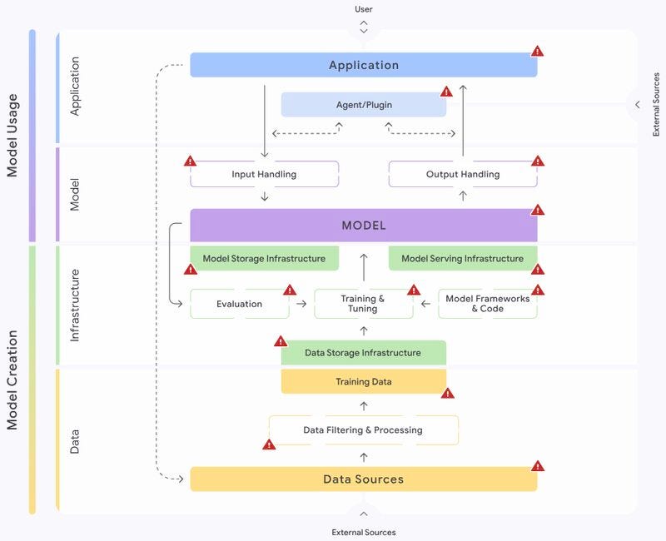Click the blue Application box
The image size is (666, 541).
click(364, 65)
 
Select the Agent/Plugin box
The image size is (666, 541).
click(364, 105)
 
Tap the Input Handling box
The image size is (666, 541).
click(264, 174)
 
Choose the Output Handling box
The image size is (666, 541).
click(463, 174)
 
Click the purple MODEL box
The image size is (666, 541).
click(364, 225)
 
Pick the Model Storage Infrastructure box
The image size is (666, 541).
click(264, 258)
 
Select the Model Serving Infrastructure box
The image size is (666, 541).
click(463, 258)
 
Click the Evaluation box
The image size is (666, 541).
click(240, 304)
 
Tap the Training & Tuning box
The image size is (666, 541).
click(364, 304)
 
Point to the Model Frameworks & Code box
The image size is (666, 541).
click(488, 304)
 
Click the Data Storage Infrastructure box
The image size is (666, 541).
click(364, 352)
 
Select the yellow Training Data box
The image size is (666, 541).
click(364, 381)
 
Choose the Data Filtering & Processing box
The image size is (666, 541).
click(364, 430)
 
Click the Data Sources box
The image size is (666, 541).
click(364, 479)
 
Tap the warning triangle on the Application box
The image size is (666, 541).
click(537, 52)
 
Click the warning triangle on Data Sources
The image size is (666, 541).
click(538, 466)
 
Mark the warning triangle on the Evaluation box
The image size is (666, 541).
click(290, 290)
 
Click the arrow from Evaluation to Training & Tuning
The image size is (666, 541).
click(301, 304)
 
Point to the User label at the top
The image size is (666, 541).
click(364, 9)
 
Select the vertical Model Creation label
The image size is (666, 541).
click(12, 380)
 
